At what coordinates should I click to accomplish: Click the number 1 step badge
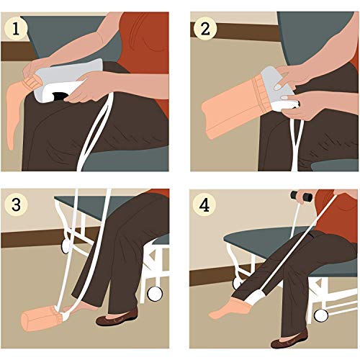[x=16, y=29]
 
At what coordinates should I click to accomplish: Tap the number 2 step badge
[x=205, y=29]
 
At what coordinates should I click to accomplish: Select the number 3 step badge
[x=16, y=204]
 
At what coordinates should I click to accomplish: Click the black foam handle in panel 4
[x=301, y=197]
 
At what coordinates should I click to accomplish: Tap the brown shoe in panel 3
[x=117, y=318]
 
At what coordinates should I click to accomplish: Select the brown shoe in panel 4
[x=289, y=339]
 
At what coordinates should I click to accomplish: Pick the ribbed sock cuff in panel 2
[x=261, y=94]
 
